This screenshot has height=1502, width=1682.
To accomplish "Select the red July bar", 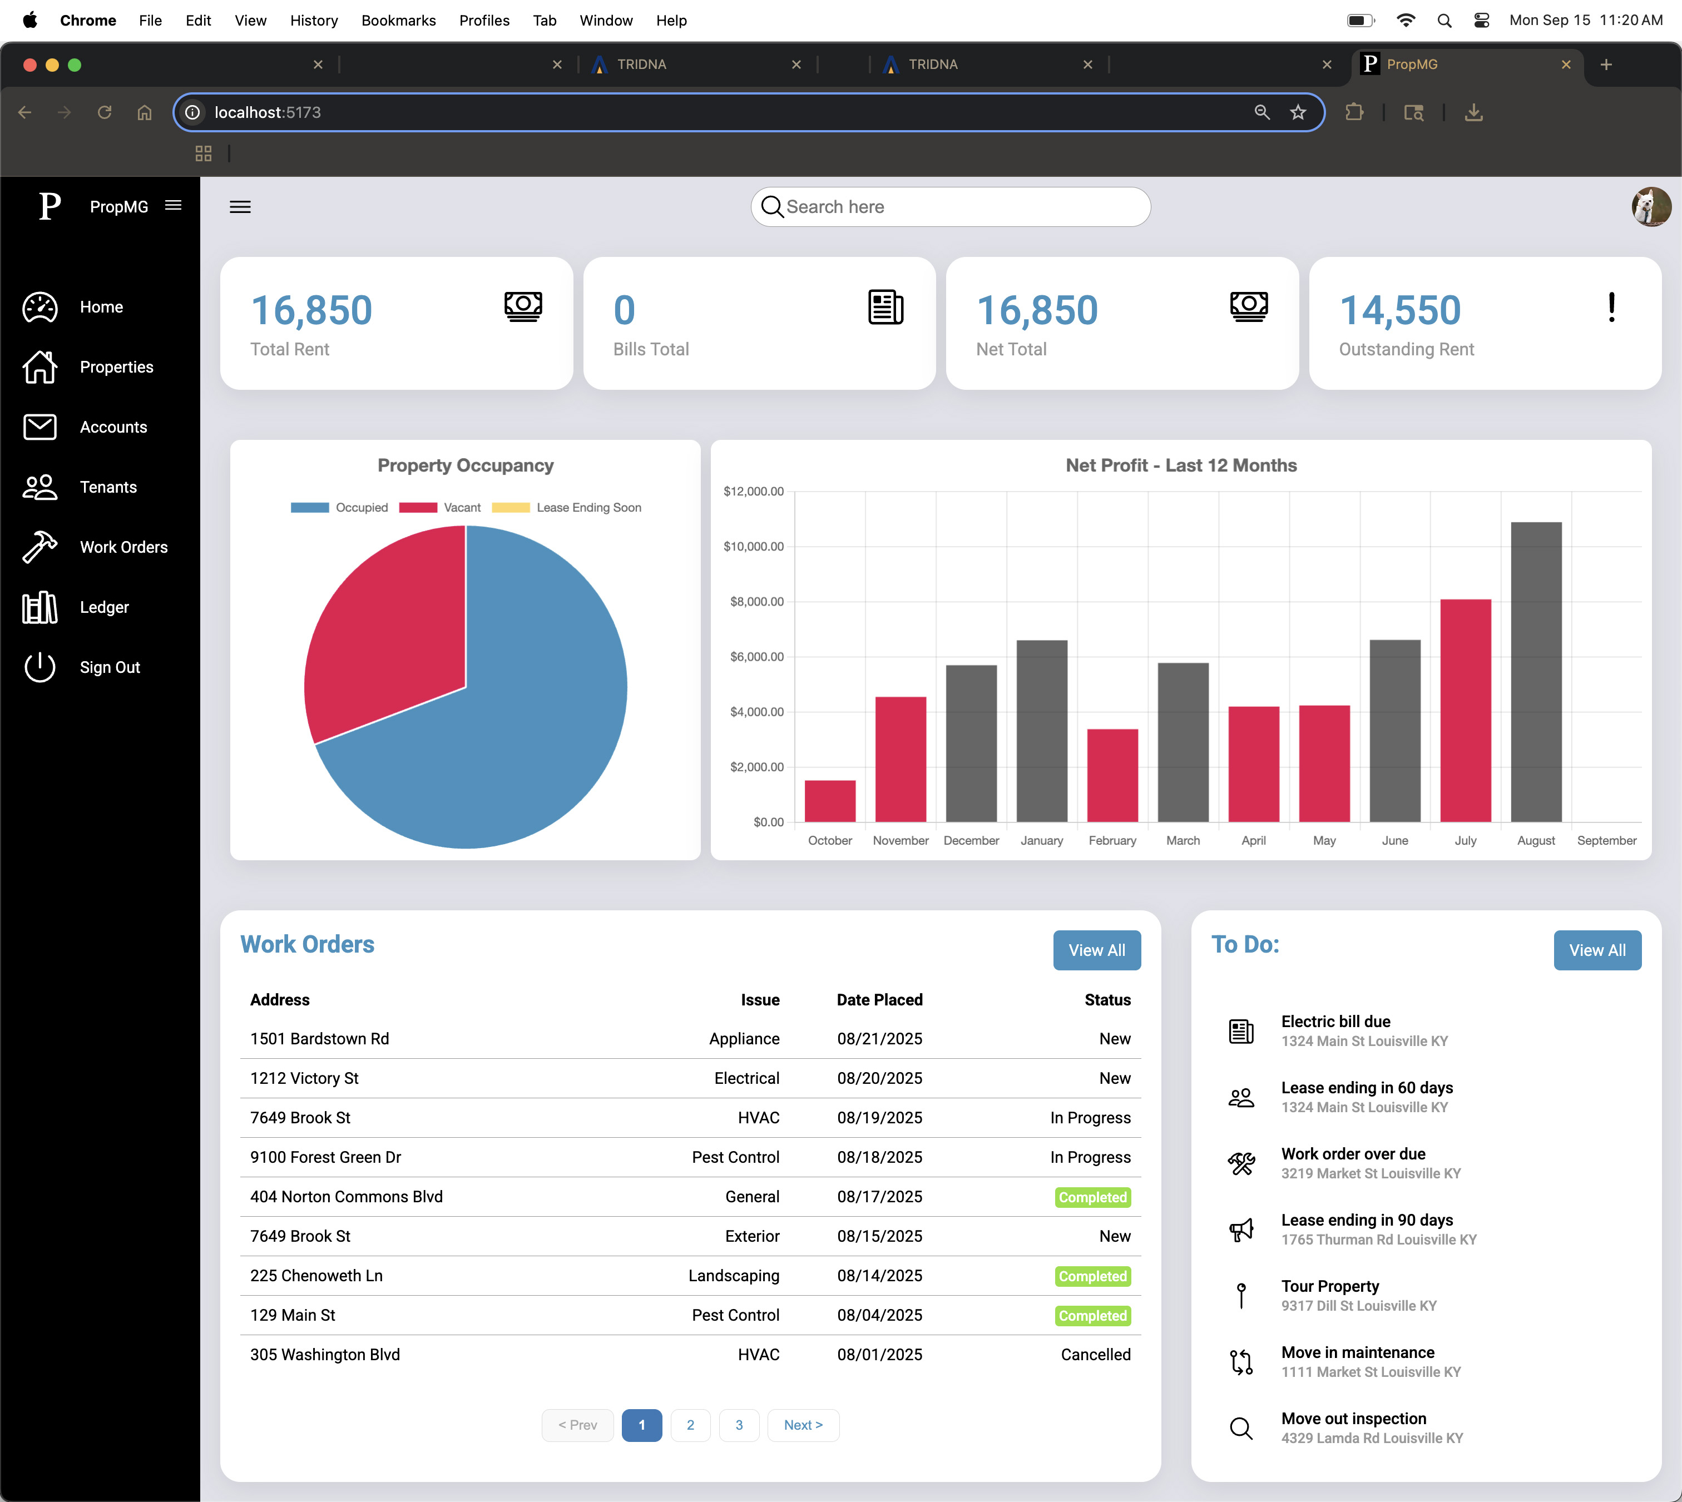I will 1465,710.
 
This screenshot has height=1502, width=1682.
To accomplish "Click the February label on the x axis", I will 1112,840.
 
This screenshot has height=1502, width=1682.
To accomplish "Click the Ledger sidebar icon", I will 39,607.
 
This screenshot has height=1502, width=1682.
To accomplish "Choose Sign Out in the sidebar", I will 109,668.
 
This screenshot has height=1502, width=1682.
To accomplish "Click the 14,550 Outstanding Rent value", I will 1400,311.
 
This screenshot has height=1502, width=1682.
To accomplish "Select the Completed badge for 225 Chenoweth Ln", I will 1092,1276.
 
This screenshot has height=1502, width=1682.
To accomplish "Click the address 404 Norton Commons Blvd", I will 347,1197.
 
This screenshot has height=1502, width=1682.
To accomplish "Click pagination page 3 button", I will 739,1425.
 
